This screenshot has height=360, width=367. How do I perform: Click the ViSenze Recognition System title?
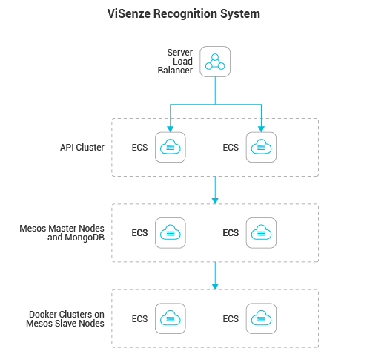tap(184, 13)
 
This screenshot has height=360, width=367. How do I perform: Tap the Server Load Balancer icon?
tap(215, 62)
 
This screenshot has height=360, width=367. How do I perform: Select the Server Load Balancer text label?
tap(175, 62)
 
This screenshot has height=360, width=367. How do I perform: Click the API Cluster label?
tap(82, 148)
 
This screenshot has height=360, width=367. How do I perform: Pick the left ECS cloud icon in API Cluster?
tap(171, 147)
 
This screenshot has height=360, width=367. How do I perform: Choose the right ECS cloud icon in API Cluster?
tap(261, 147)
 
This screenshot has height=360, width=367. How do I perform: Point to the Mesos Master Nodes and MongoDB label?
tap(62, 233)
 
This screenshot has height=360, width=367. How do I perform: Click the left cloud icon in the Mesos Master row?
tap(171, 233)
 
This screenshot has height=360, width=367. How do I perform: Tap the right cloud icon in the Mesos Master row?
tap(261, 233)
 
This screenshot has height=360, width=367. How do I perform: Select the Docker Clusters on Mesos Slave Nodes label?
tap(65, 319)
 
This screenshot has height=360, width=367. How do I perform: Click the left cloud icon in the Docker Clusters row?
tap(171, 318)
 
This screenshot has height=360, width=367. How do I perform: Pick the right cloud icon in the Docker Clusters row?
tap(261, 318)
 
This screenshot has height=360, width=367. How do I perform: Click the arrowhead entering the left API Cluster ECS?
tap(171, 129)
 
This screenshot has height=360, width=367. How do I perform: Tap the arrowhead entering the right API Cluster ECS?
tap(261, 129)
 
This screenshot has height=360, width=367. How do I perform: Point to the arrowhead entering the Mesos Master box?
tap(215, 201)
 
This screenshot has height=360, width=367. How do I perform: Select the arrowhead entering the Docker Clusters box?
tap(215, 287)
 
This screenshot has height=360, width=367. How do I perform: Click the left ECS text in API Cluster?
tap(139, 148)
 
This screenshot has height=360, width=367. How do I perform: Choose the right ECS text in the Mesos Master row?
tap(231, 233)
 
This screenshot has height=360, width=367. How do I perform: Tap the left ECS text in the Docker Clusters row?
tap(139, 319)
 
